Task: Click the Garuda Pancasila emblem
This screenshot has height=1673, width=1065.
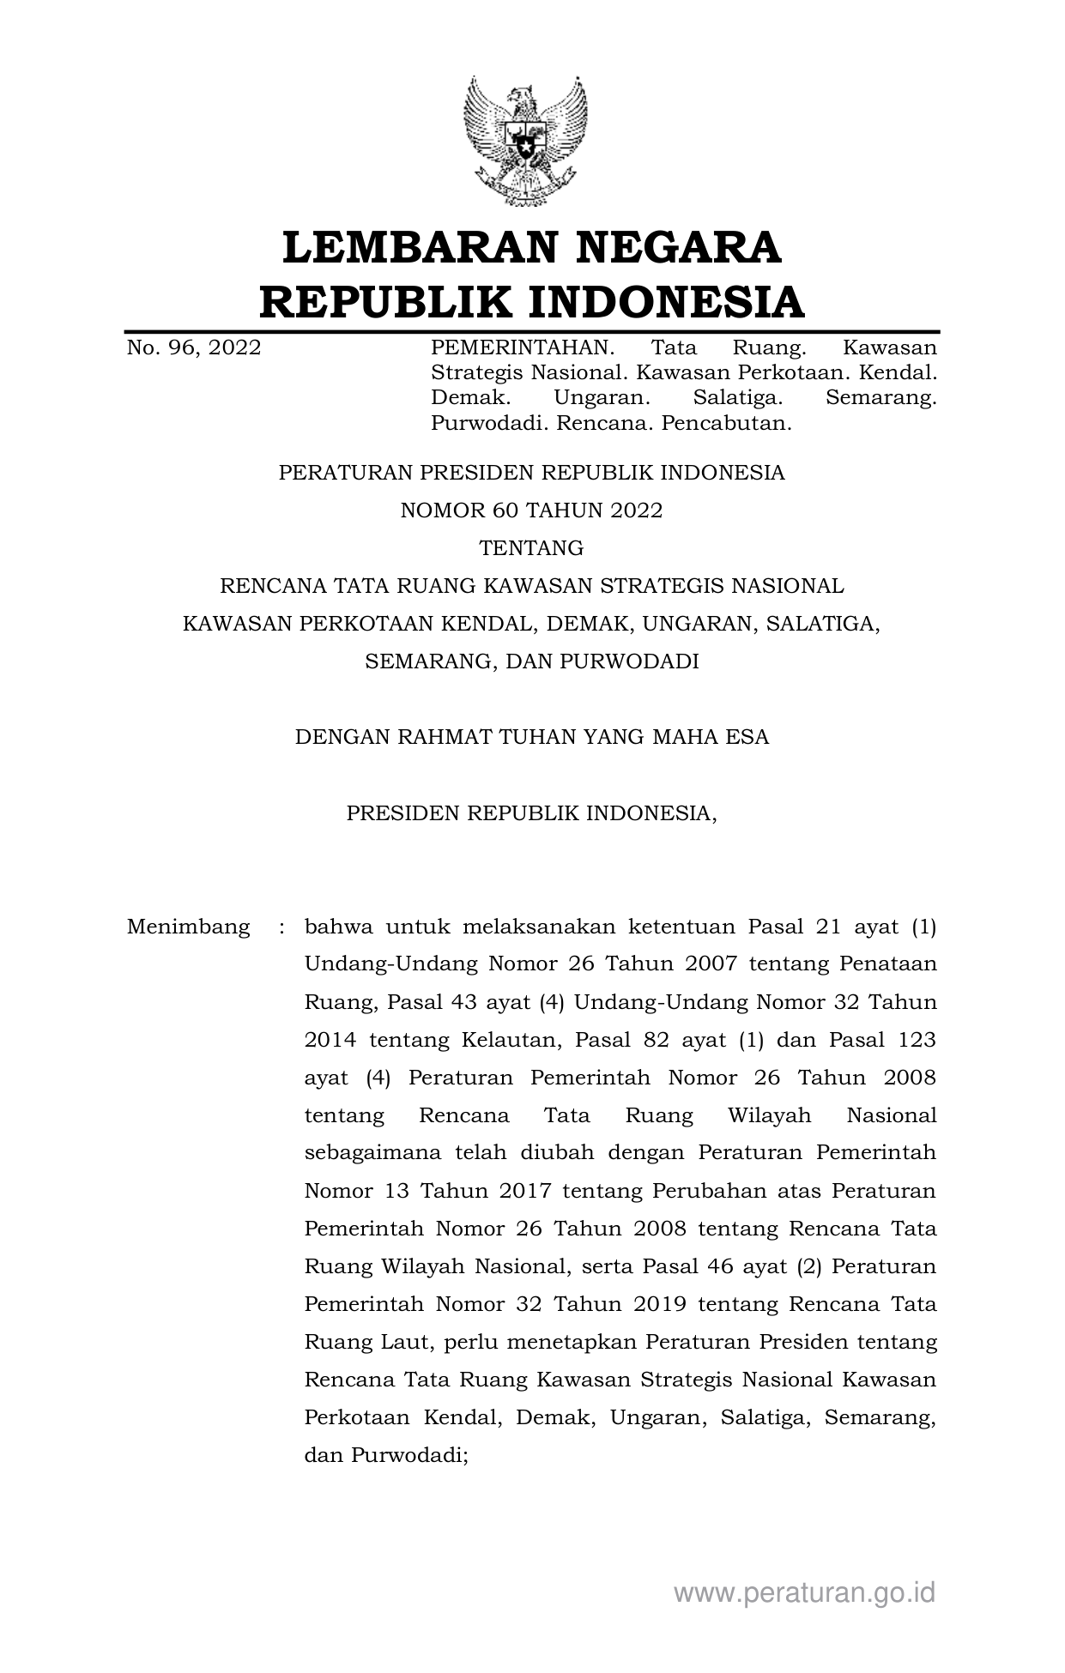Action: point(524,142)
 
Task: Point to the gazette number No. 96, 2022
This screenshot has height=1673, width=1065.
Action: point(194,347)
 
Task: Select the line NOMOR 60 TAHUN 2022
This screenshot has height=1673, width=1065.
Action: point(531,510)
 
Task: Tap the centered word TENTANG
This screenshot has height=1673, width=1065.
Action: point(531,548)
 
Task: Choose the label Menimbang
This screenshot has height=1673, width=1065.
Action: point(189,927)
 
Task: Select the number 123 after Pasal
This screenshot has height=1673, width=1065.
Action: point(916,1040)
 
